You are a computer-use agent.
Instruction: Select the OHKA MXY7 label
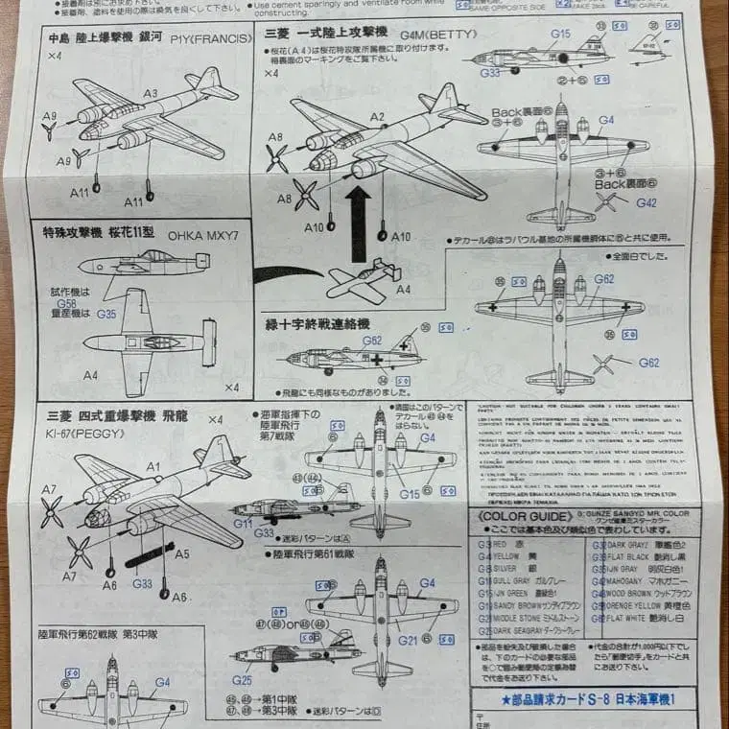click(203, 235)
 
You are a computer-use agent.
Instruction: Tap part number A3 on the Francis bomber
click(151, 94)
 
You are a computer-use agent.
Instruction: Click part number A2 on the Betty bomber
click(377, 117)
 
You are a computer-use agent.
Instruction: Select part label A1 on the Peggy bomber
click(153, 466)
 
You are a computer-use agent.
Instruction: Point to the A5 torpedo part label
click(181, 553)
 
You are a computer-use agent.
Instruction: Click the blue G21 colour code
click(408, 640)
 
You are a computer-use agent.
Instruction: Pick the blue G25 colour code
click(242, 680)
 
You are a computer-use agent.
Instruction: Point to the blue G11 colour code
click(243, 524)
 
